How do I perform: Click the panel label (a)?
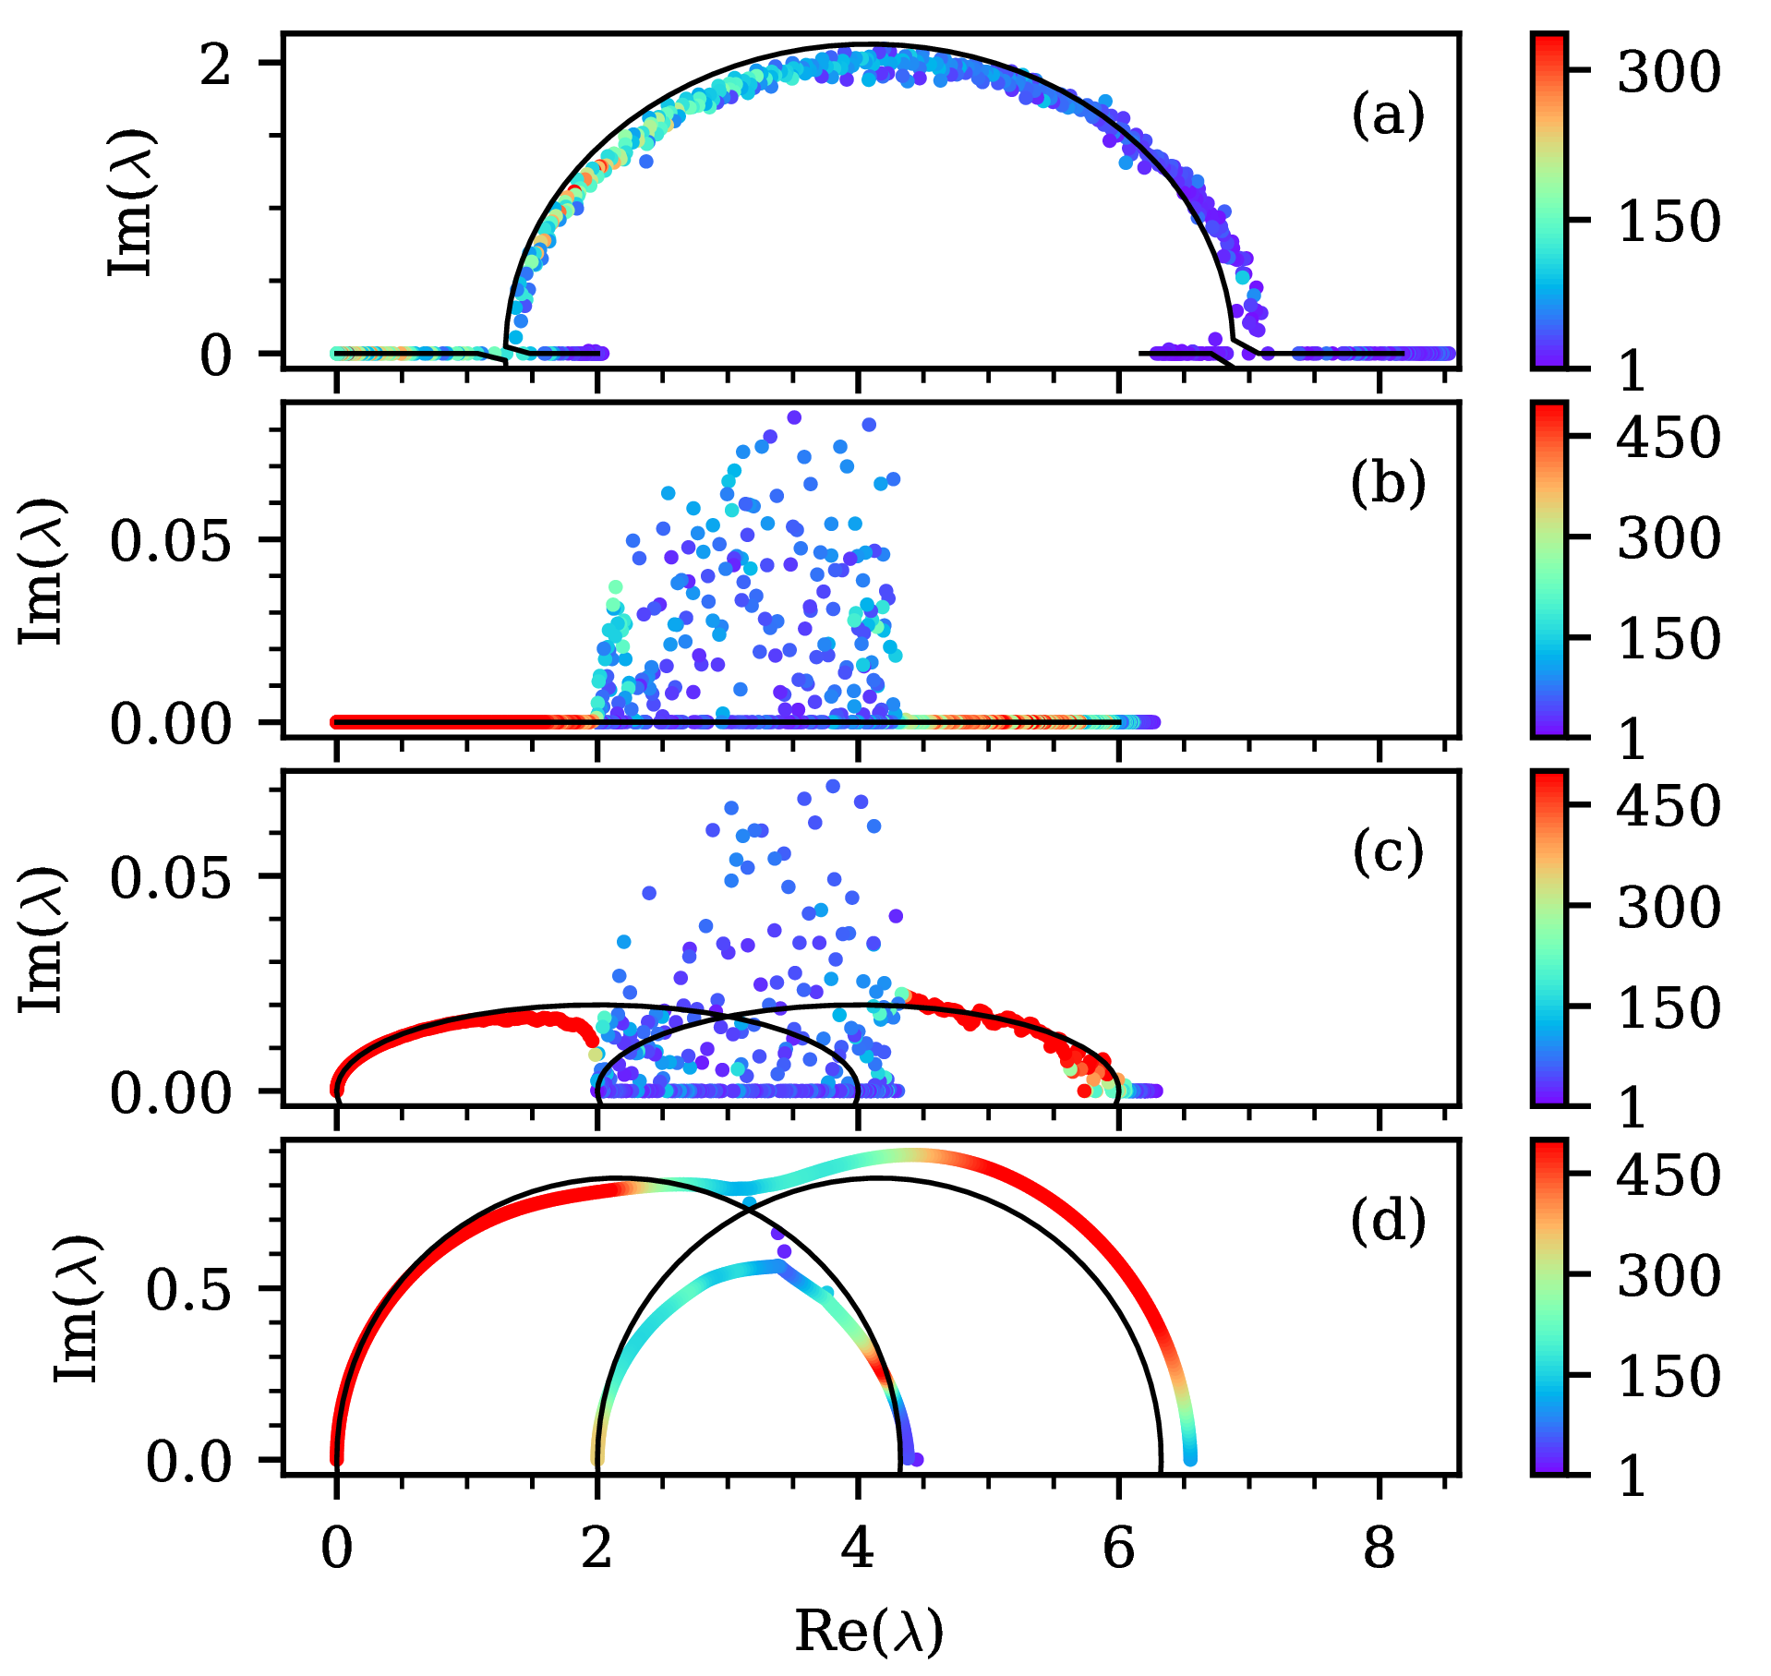click(x=1388, y=116)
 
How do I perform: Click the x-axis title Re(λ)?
click(x=869, y=1631)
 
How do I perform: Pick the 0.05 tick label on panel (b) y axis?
click(x=171, y=540)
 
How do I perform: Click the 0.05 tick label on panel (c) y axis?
click(x=171, y=877)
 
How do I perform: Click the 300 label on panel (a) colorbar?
click(x=1669, y=71)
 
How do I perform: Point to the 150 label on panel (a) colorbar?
click(x=1669, y=222)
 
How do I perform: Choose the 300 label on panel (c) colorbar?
click(x=1669, y=907)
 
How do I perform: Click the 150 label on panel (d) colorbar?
click(x=1669, y=1376)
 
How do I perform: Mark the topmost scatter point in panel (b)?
click(x=793, y=417)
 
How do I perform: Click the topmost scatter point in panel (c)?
click(x=833, y=786)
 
